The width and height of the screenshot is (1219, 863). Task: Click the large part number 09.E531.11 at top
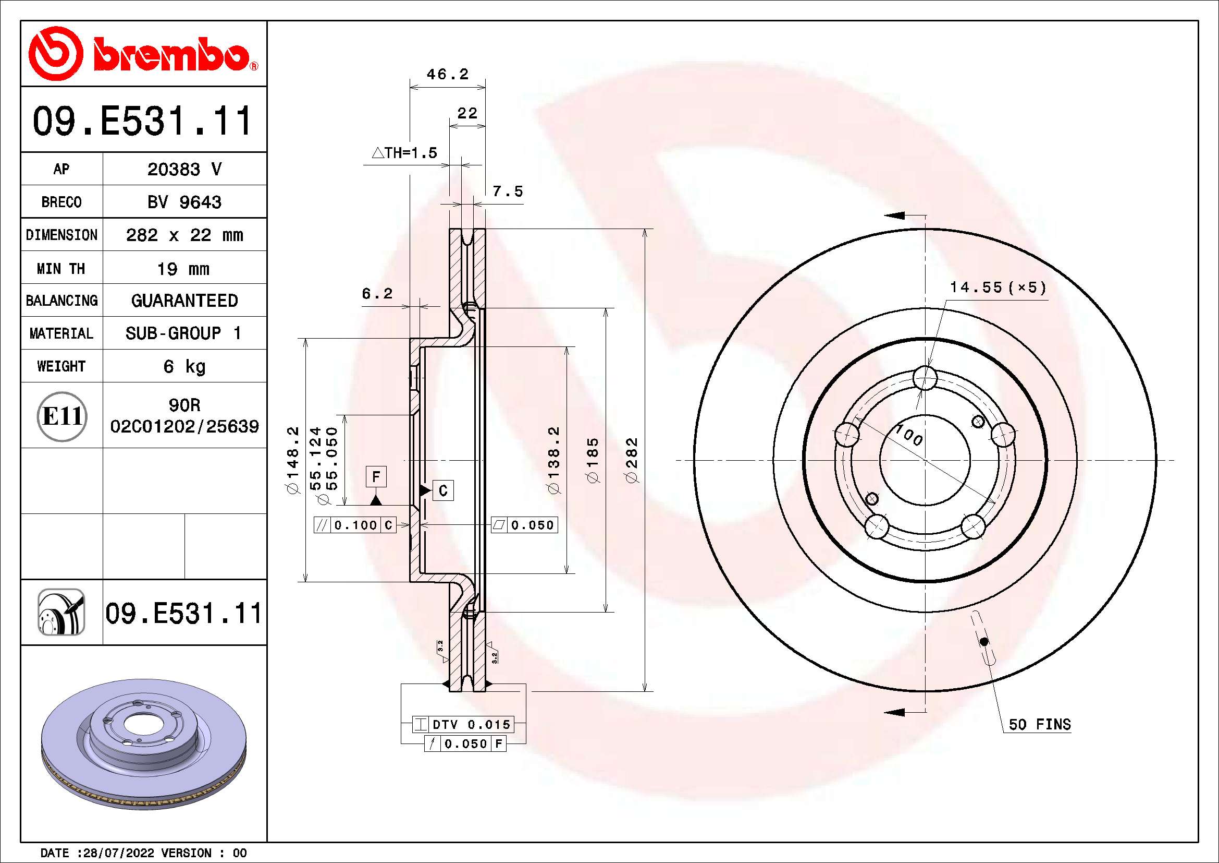coord(142,121)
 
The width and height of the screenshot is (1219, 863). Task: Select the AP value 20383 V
coord(184,170)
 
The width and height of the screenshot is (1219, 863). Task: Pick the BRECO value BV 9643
coord(184,202)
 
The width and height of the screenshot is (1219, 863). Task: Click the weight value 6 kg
coord(184,366)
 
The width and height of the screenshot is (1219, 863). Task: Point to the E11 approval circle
coord(62,416)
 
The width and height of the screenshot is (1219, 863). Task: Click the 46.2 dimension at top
coord(448,75)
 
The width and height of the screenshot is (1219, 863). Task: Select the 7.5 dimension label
coord(508,191)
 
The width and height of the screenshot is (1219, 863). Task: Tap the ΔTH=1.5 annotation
coord(404,153)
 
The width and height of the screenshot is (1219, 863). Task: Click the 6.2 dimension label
coord(377,293)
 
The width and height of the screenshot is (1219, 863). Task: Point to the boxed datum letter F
coord(376,477)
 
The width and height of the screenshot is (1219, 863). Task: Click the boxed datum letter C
coord(444,490)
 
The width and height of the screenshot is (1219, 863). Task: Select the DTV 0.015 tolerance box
coord(463,724)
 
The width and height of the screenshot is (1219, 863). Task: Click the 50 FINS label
coord(1040,724)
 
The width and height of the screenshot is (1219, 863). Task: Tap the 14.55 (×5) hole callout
coord(998,287)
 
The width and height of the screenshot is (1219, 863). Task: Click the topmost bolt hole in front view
coord(925,378)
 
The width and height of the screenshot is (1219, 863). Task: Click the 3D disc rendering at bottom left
coord(143,744)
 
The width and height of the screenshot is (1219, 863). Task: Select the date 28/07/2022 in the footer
coord(119,853)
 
